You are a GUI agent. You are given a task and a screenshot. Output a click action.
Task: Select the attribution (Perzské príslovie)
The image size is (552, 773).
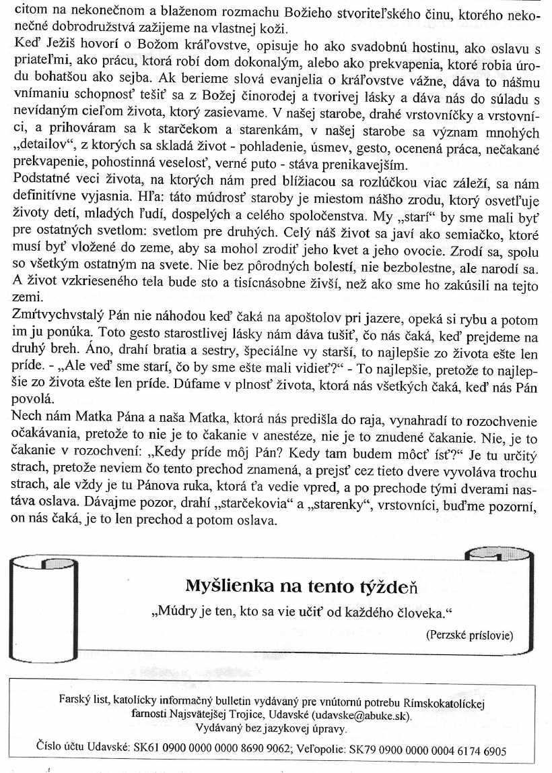470,635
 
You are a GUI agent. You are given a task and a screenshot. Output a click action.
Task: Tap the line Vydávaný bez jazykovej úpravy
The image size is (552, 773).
271,728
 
